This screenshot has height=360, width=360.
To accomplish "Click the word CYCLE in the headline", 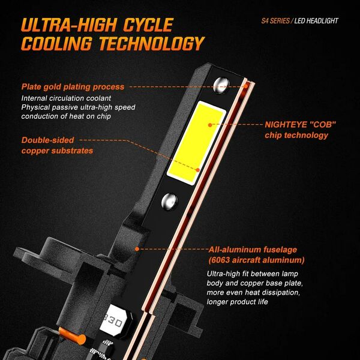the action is tap(148, 25).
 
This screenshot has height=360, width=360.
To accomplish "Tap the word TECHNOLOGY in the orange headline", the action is tap(152, 43).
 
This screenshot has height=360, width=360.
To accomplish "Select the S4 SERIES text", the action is tap(275, 21).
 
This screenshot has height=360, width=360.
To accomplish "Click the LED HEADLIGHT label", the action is tap(316, 21).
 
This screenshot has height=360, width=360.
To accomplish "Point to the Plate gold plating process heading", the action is tap(73, 87).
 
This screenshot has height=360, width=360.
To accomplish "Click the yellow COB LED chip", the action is tap(196, 143).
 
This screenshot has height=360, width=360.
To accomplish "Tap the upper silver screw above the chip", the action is tap(221, 85).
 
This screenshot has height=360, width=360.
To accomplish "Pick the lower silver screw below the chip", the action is tap(169, 202).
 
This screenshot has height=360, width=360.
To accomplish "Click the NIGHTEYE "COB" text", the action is tap(300, 124).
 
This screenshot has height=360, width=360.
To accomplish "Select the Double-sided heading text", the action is tap(48, 140).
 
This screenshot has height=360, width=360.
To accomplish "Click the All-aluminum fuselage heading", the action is tap(253, 250).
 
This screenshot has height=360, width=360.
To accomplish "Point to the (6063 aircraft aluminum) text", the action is tap(256, 260).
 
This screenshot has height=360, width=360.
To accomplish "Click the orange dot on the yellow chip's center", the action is tap(210, 125).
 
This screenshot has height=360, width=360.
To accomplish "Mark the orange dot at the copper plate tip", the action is tap(246, 86).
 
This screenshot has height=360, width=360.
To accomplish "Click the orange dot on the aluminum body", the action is tap(137, 249).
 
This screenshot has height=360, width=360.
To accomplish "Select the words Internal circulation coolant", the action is tap(66, 98).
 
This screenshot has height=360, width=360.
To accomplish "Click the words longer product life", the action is tap(238, 301).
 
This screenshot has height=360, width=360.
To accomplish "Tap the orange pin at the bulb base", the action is tap(72, 336).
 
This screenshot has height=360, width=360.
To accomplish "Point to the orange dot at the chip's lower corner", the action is tap(197, 170).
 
